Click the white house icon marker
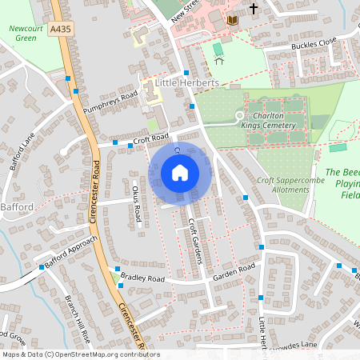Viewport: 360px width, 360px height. click(180, 172)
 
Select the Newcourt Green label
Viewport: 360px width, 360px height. click(25, 33)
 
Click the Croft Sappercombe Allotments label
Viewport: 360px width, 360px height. click(285, 186)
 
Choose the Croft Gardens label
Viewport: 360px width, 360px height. click(194, 241)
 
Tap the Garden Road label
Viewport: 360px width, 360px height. click(234, 274)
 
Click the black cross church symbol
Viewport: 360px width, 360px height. click(254, 8)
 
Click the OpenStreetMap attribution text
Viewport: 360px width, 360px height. click(81, 354)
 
